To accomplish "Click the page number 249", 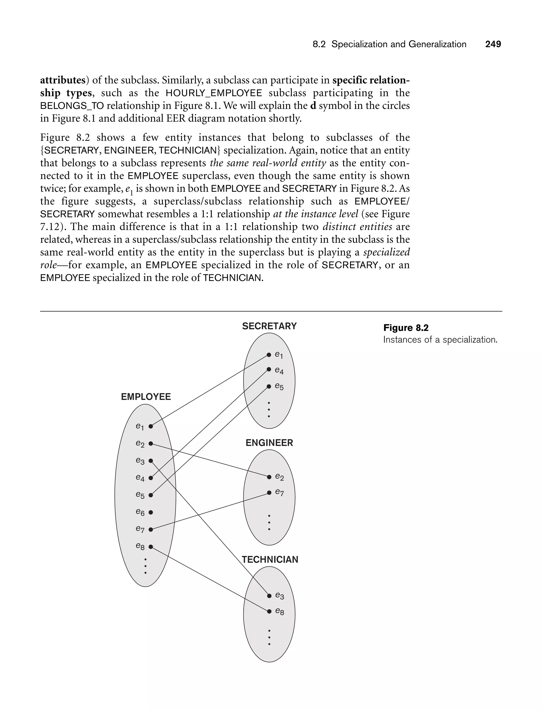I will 493,44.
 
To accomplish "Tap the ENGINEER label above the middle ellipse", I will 269,443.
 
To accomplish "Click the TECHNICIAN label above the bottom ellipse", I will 270,559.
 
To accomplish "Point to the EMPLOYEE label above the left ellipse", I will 146,397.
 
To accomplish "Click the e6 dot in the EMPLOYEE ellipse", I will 151,512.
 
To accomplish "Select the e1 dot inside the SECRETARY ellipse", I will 269,355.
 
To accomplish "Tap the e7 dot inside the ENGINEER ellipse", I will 269,493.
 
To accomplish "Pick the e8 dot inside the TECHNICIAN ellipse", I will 269,611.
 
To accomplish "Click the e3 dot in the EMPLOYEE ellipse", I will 151,461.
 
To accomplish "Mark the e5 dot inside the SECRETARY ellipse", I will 269,386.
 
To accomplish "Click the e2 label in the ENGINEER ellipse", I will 279,477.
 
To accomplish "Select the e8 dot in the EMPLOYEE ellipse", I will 151,547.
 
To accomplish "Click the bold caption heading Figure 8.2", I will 405,328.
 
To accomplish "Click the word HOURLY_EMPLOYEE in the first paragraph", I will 214,93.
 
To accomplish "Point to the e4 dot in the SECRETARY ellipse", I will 269,370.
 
